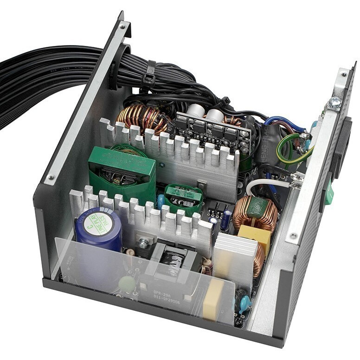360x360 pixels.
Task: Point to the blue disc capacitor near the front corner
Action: point(244,303)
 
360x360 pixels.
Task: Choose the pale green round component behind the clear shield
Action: point(126,283)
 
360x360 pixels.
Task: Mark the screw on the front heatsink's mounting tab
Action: point(144,242)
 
